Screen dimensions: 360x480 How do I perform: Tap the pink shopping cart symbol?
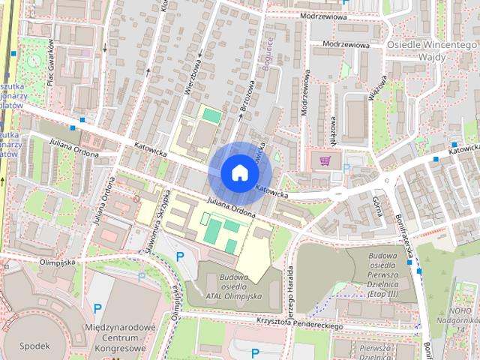(x=325, y=160)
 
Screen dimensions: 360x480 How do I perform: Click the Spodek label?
(x=35, y=346)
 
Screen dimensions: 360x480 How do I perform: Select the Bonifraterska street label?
(x=406, y=235)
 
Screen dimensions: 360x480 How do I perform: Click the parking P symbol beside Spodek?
(x=97, y=307)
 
